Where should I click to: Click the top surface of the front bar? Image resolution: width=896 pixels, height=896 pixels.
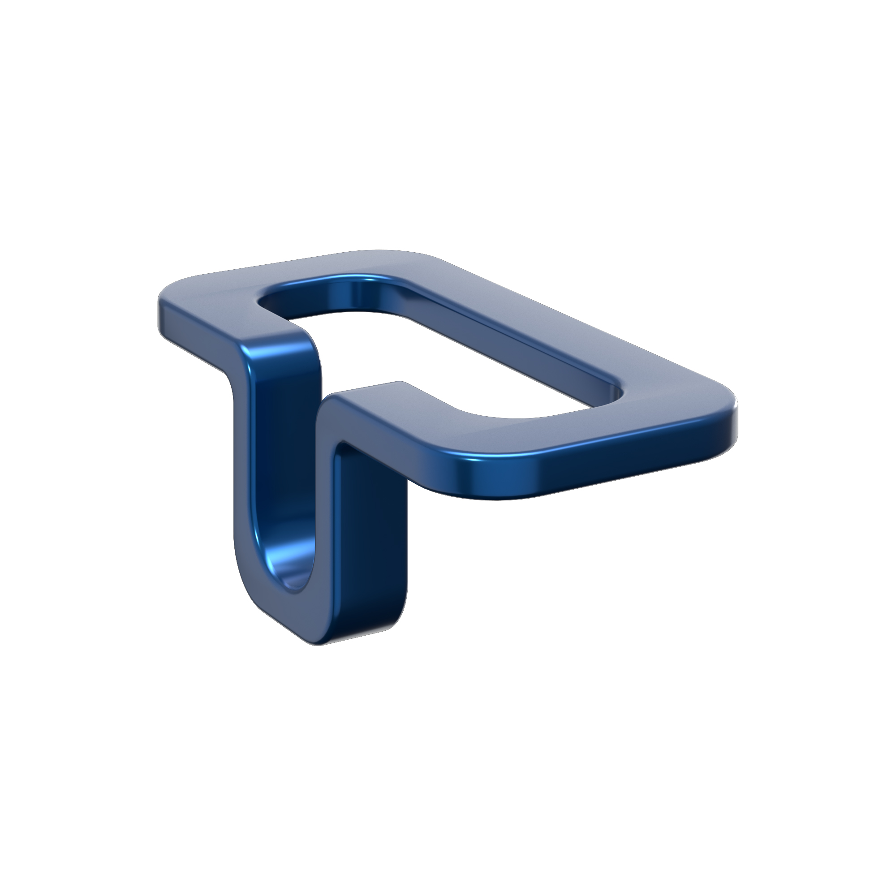point(533,431)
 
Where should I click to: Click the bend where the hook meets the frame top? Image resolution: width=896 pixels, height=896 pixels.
point(288,343)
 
